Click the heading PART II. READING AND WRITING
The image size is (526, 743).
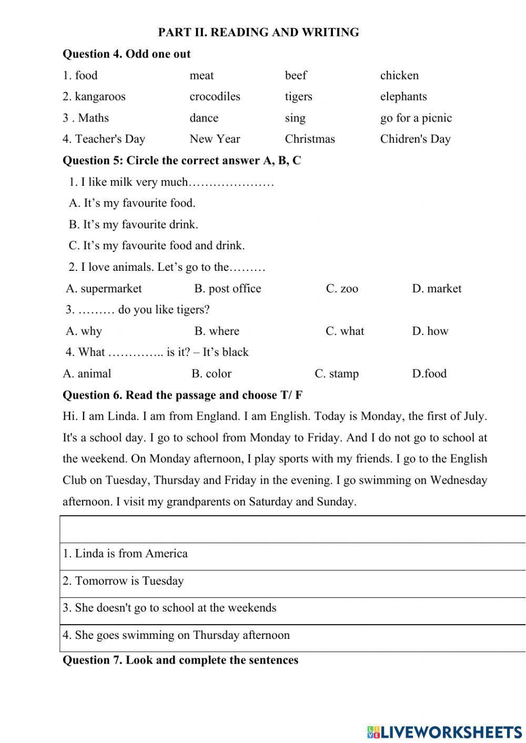click(258, 33)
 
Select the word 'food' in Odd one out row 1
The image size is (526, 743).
click(86, 75)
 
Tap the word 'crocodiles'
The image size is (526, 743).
click(215, 97)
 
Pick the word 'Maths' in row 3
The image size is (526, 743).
click(93, 118)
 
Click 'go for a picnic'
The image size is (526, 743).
click(416, 118)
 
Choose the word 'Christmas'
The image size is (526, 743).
click(309, 139)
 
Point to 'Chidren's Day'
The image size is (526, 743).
click(415, 139)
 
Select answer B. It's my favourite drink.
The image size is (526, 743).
click(134, 225)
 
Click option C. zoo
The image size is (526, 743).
click(342, 289)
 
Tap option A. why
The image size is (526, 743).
click(84, 331)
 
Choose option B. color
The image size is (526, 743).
click(211, 374)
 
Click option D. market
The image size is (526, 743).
click(437, 289)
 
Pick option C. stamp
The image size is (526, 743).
click(337, 374)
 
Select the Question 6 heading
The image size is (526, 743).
click(183, 395)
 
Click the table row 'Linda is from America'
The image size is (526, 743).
click(125, 554)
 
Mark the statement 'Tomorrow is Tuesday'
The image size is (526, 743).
click(123, 581)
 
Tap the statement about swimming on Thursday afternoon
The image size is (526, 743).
click(176, 635)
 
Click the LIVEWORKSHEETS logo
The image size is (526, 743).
click(444, 731)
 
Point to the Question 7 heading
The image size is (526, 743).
click(180, 660)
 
